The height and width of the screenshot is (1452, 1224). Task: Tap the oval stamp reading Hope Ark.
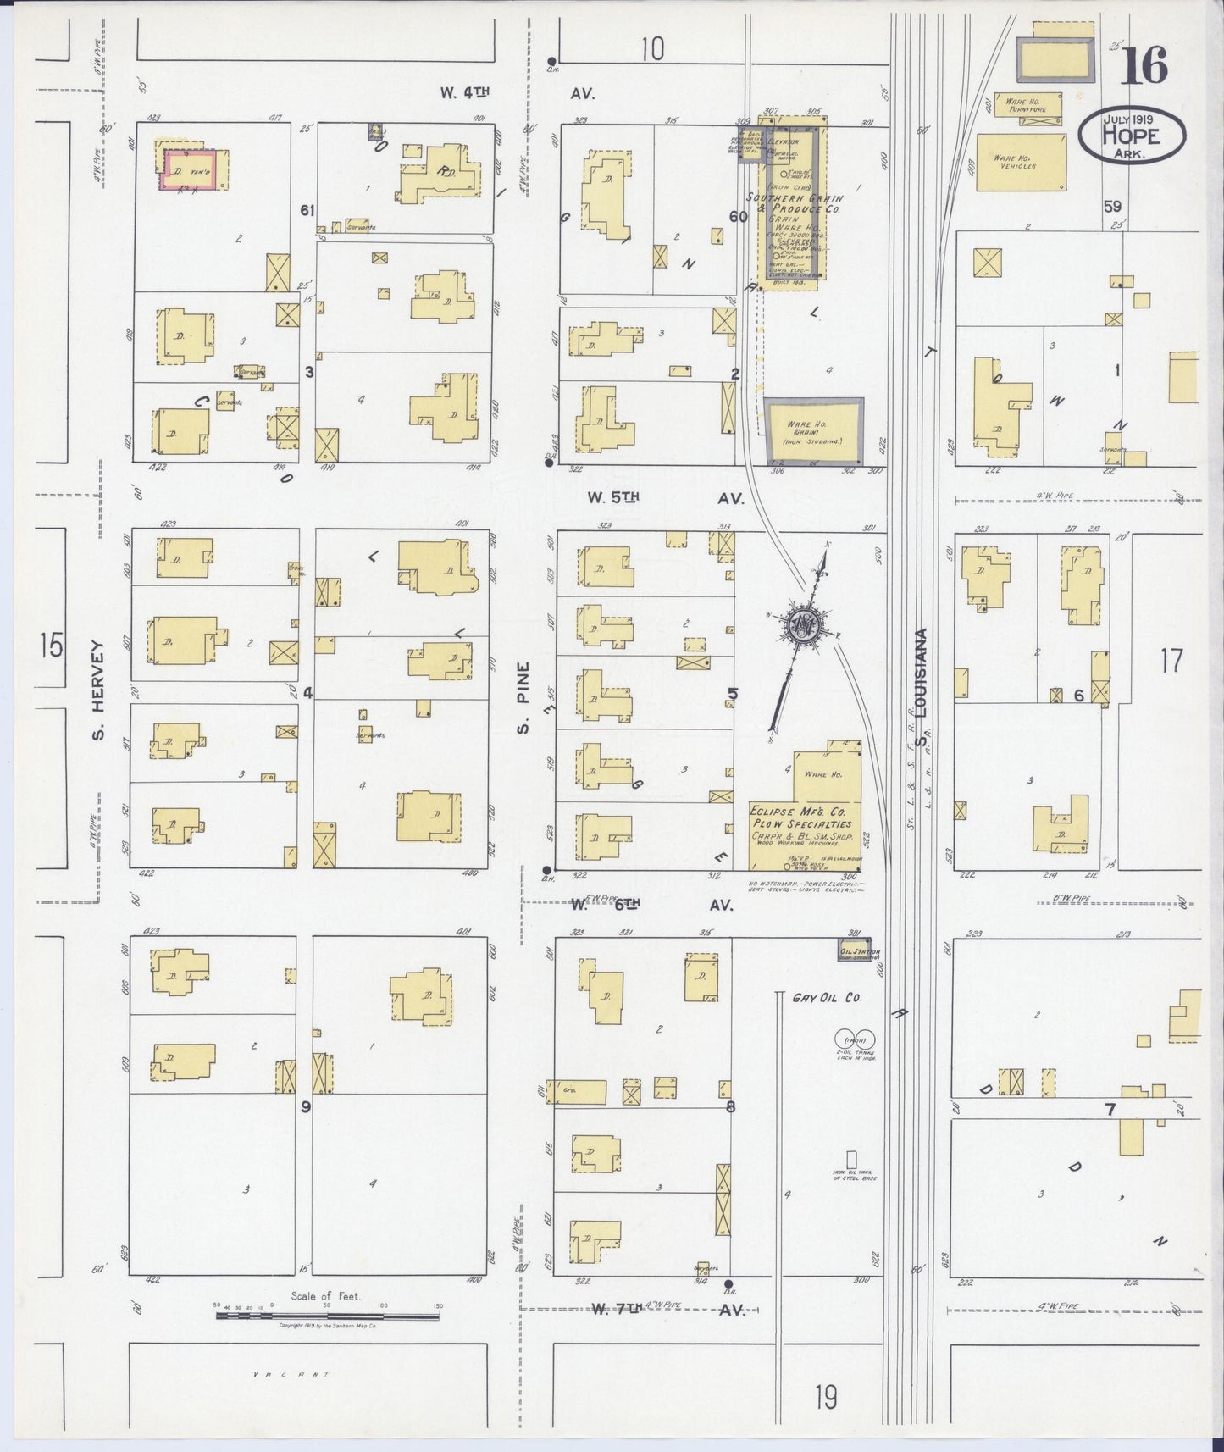click(x=1131, y=134)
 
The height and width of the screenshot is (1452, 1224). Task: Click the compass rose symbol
click(x=800, y=625)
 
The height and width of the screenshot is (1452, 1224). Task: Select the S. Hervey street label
click(x=98, y=690)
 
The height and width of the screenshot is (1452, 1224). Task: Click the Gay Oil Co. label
click(x=826, y=998)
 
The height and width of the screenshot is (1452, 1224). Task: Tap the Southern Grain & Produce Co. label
click(x=794, y=203)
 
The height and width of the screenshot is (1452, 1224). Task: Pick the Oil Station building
click(x=854, y=950)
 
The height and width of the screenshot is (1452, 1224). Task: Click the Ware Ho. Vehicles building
click(x=1020, y=162)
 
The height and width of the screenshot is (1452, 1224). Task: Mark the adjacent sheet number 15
click(x=51, y=647)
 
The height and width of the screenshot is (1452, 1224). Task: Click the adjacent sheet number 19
click(x=826, y=1397)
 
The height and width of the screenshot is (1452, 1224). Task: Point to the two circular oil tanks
click(x=856, y=1037)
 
